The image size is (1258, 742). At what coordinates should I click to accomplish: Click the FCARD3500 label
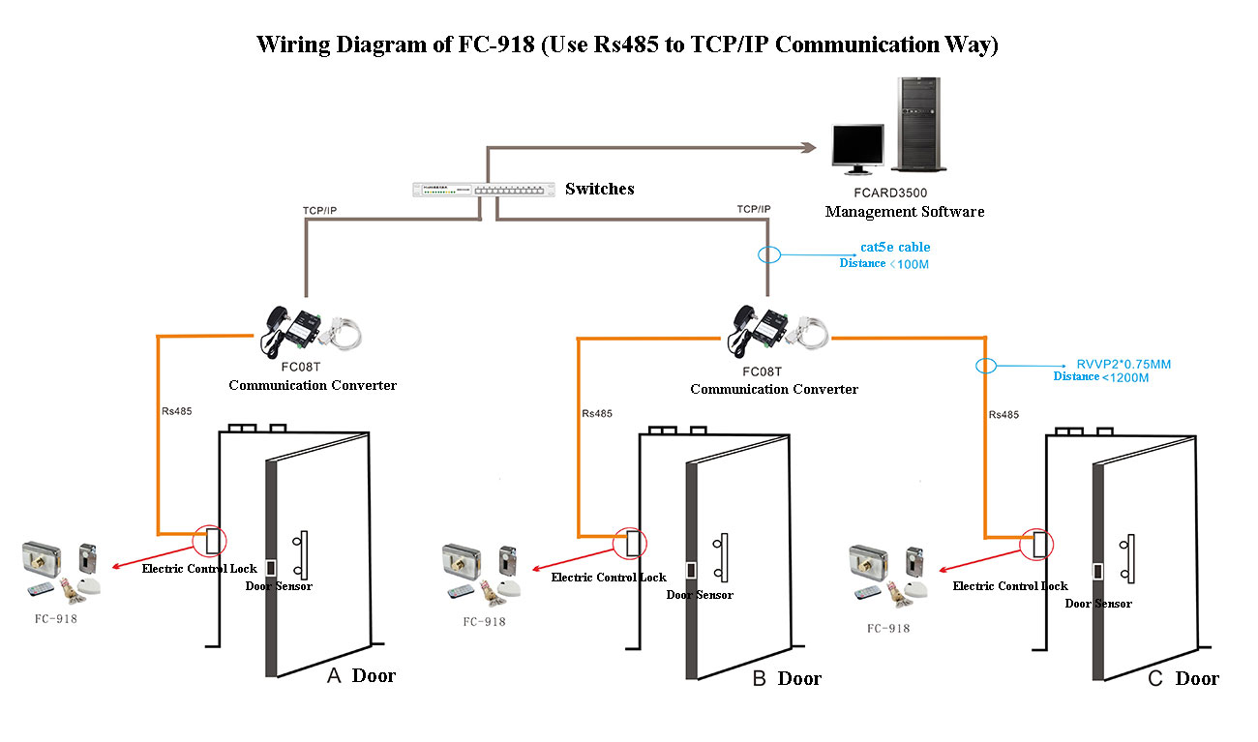pyautogui.click(x=889, y=193)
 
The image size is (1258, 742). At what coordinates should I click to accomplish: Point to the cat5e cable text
pyautogui.click(x=895, y=247)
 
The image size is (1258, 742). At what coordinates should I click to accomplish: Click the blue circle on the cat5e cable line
pyautogui.click(x=768, y=255)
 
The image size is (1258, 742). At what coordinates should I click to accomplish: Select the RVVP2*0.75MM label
pyautogui.click(x=1123, y=364)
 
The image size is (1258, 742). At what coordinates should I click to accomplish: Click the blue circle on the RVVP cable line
pyautogui.click(x=985, y=366)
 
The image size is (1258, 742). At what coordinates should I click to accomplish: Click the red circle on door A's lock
pyautogui.click(x=208, y=539)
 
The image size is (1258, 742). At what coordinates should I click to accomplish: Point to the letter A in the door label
pyautogui.click(x=334, y=675)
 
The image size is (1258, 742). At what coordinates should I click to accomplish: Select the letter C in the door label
pyautogui.click(x=1154, y=678)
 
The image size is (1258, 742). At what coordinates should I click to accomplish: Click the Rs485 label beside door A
pyautogui.click(x=176, y=410)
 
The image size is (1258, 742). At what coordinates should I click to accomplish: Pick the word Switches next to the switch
pyautogui.click(x=599, y=189)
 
